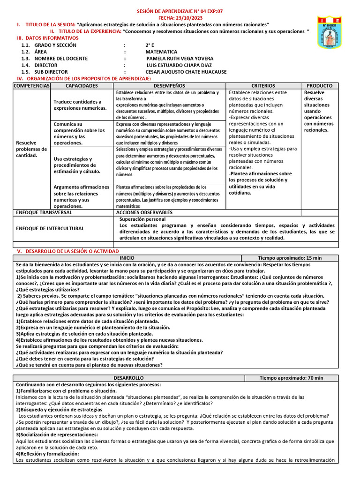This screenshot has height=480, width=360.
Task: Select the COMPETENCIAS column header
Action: pos(31,86)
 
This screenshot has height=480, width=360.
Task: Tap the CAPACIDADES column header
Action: pos(82,86)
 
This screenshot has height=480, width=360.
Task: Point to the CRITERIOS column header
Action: pos(263,86)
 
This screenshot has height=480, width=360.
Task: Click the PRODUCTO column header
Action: pos(319,86)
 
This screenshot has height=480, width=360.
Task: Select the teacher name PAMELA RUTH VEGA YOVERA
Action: pos(180,59)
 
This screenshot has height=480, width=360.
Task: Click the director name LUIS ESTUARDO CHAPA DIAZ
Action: pos(179,65)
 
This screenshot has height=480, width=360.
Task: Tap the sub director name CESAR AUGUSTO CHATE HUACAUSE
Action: pos(186,72)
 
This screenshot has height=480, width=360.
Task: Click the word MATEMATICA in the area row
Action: pos(161,52)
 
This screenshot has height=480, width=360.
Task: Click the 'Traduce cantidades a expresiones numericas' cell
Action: pos(80,105)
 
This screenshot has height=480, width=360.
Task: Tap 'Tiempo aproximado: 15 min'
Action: pos(290,258)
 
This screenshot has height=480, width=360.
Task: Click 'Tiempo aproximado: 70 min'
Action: pos(291,378)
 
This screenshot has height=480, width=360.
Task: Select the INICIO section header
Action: pos(127,258)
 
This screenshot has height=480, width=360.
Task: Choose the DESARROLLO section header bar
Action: pos(128,378)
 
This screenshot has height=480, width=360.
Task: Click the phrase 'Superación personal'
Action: pos(142,219)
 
